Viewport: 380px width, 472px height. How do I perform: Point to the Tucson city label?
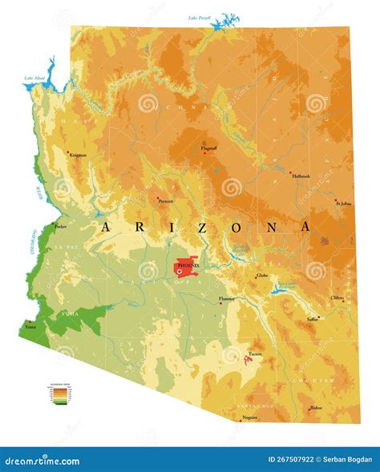point(255,353)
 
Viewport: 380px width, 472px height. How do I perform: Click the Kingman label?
point(78,155)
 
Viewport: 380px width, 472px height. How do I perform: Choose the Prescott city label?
point(165,201)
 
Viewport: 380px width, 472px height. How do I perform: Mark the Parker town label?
point(60,227)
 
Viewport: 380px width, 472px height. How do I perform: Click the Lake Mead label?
point(34,79)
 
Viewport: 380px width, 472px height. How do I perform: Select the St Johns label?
point(343,204)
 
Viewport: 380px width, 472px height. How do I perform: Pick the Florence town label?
point(227,299)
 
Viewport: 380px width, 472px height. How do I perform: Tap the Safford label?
point(312,319)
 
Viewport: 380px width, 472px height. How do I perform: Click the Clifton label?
point(338,297)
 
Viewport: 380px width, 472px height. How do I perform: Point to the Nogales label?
point(249,418)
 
